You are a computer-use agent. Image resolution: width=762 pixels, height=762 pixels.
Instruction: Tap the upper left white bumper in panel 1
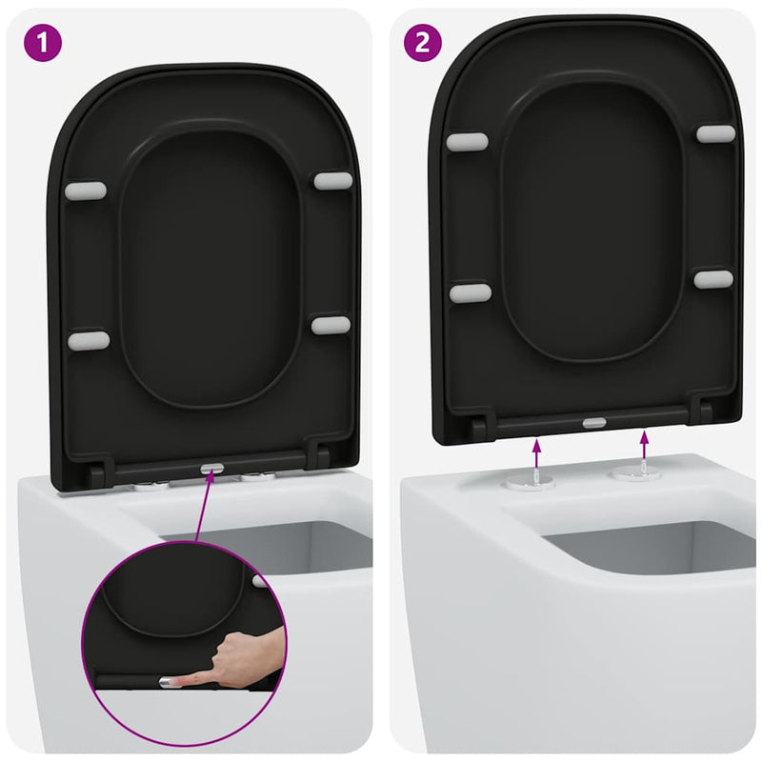86,190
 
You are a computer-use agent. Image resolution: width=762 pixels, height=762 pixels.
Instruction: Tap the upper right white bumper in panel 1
331,180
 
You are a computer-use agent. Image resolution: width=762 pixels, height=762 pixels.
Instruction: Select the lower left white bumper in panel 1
89,340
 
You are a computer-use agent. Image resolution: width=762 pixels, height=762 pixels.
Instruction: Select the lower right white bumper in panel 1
331,325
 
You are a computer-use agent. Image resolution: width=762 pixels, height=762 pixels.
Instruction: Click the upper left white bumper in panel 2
467,142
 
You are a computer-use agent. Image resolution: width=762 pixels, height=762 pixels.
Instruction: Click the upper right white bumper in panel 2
715,133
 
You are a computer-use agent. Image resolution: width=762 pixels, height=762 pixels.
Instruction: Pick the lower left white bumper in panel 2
471,292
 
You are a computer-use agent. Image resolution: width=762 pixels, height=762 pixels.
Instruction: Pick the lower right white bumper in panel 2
713,279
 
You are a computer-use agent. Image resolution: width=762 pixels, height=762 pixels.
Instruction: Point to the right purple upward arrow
645,442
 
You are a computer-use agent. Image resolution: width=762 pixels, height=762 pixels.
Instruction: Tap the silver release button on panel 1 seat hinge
212,469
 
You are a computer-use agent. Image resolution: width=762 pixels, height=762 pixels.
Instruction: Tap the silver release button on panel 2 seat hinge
592,421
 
